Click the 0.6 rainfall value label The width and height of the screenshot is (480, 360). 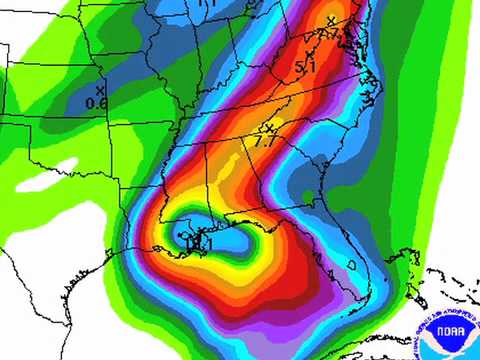click(96, 102)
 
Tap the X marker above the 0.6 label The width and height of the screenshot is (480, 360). click(100, 90)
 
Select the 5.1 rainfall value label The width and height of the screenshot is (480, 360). click(305, 68)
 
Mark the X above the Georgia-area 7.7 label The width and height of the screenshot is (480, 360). click(267, 128)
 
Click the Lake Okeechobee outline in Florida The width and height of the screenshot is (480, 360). click(355, 263)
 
